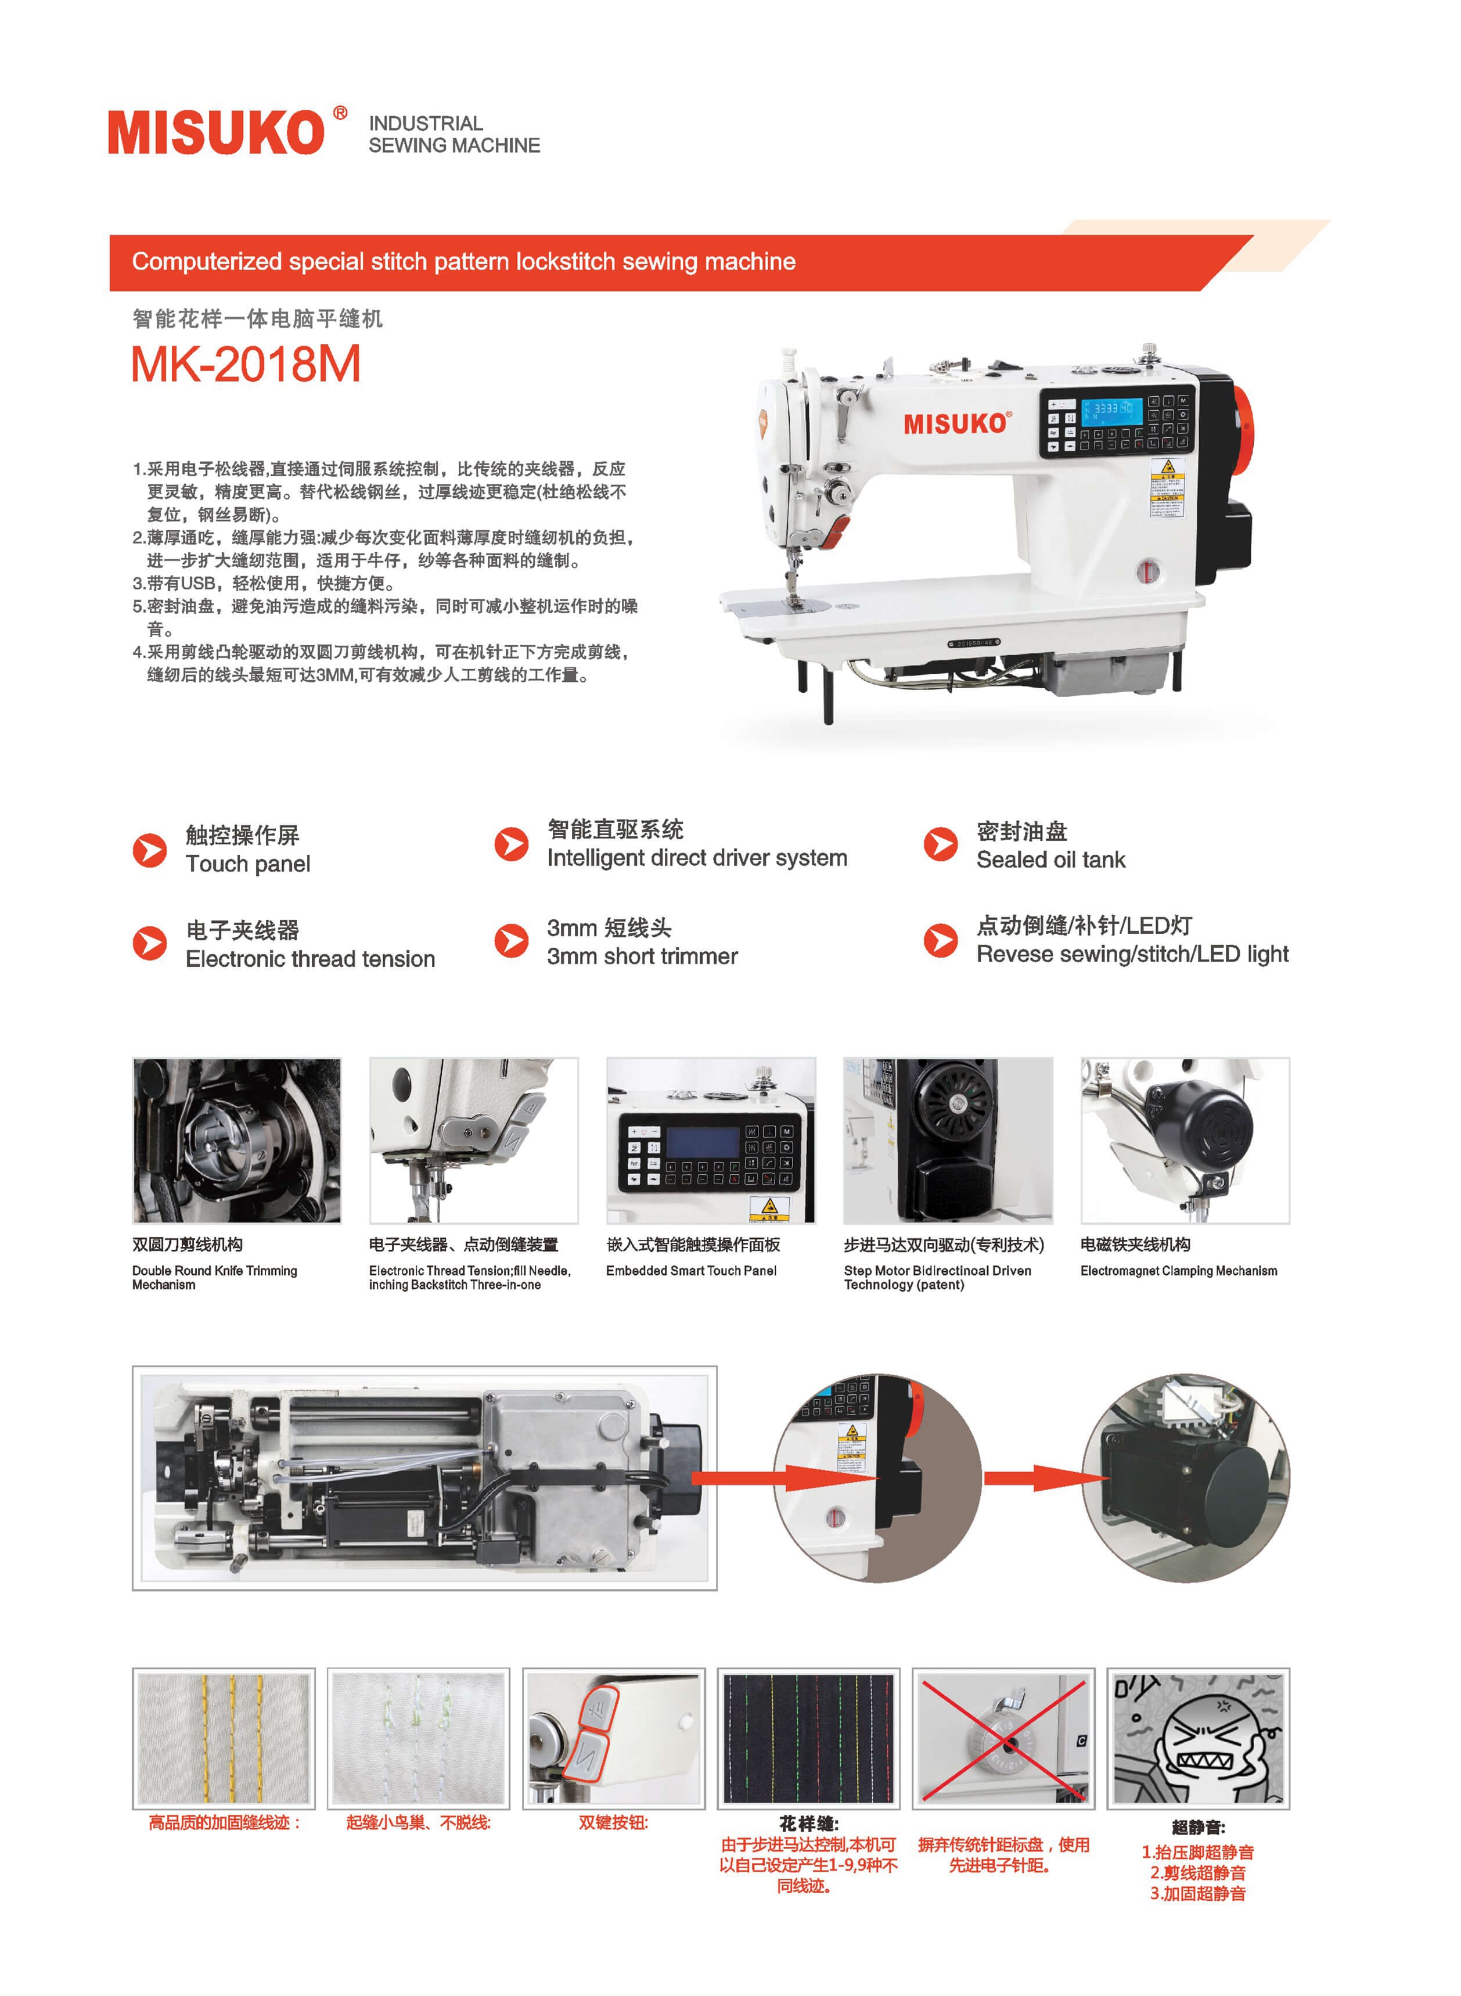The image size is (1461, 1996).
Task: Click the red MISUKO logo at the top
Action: click(x=227, y=132)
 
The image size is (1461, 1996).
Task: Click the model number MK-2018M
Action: click(x=246, y=364)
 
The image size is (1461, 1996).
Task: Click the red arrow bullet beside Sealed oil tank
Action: click(x=940, y=844)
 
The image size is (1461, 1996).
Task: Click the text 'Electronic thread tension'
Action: click(x=311, y=959)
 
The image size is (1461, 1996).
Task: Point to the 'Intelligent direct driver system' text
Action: click(x=697, y=858)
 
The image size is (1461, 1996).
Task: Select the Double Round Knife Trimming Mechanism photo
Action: click(x=236, y=1141)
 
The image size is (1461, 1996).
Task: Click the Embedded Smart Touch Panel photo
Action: click(x=710, y=1141)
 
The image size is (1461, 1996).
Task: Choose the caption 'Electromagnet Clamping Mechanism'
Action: click(x=1179, y=1271)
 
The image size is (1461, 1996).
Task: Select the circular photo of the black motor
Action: click(x=1185, y=1478)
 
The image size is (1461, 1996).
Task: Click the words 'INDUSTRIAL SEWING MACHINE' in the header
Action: click(x=454, y=134)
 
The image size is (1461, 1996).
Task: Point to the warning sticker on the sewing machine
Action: click(x=1167, y=488)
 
